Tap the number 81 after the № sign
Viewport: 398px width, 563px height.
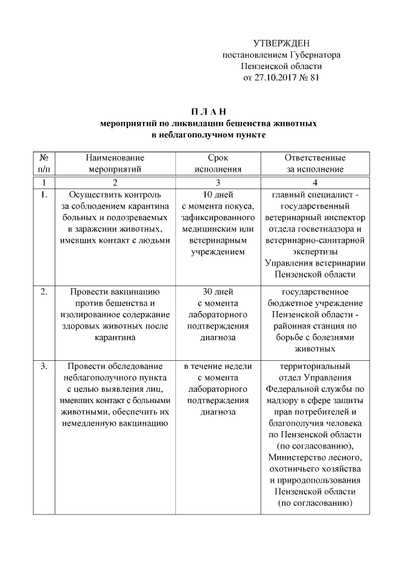click(315, 78)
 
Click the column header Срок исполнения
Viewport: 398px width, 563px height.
click(218, 164)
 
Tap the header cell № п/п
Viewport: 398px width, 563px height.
click(45, 164)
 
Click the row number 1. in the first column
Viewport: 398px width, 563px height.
click(44, 195)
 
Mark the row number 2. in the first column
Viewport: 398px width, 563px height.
click(44, 291)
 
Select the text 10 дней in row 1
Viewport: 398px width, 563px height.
click(218, 195)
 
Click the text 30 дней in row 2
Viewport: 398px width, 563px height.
click(218, 291)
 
